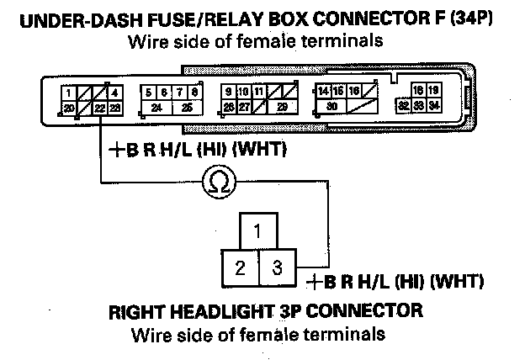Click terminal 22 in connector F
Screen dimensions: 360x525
point(102,108)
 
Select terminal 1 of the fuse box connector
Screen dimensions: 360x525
point(68,92)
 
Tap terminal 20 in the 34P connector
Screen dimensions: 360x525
point(68,108)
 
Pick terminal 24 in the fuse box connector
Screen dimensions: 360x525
point(157,108)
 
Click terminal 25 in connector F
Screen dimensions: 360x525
point(187,108)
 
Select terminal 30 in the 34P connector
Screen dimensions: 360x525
point(332,107)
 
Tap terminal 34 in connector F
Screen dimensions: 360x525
point(433,106)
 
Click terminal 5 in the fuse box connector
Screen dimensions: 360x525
point(148,92)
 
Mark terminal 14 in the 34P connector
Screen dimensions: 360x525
point(321,91)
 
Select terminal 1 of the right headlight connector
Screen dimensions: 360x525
point(260,230)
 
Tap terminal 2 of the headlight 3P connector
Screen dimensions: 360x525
point(241,269)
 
